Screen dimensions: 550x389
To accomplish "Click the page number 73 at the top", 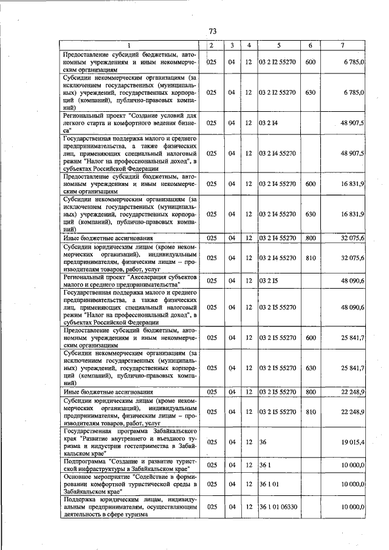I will [x=212, y=32].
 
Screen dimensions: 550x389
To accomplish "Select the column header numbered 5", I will [x=278, y=46].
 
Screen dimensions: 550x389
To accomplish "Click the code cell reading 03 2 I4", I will [x=268, y=123].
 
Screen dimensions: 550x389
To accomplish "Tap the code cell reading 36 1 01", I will [x=270, y=483].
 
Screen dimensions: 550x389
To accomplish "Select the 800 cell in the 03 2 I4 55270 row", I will [x=311, y=238].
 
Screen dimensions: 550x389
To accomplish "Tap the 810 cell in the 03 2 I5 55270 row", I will [x=311, y=412].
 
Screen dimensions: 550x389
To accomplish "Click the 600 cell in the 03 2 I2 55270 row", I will [x=311, y=63].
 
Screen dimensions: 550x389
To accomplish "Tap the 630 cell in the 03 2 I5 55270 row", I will [x=311, y=368].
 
